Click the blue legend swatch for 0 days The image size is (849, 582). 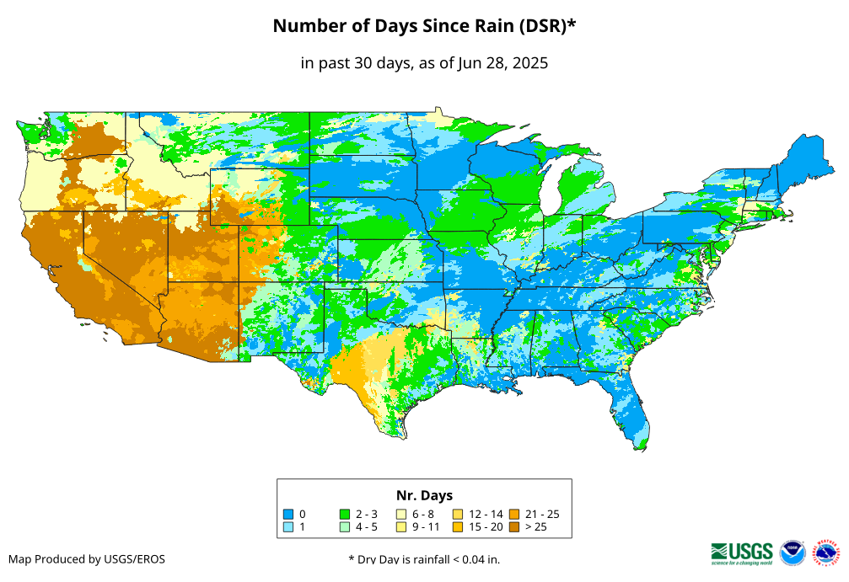287,514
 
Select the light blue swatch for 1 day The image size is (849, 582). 287,527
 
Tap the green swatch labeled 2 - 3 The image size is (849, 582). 344,514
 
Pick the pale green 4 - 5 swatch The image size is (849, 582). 344,527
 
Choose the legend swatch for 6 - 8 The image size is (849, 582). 401,514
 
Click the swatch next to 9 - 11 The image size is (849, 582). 401,527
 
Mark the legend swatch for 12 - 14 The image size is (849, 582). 457,514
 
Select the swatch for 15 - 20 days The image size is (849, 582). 457,527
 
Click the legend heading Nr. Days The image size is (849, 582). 424,495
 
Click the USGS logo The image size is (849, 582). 742,552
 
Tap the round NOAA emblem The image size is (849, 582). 793,553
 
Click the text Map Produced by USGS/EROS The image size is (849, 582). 87,559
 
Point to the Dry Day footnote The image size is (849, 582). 423,559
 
